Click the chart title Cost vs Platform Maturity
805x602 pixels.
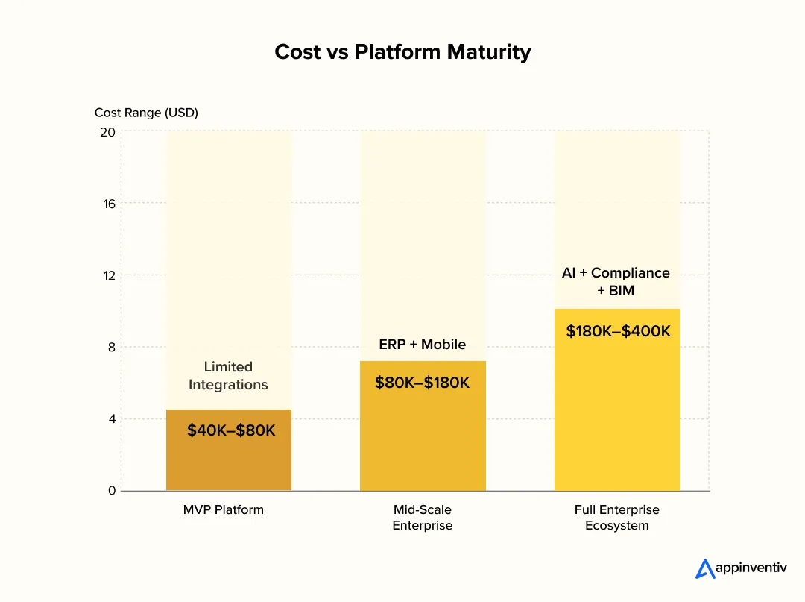(x=402, y=51)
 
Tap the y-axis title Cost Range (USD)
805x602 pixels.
(x=146, y=113)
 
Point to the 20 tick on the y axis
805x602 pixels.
(x=108, y=132)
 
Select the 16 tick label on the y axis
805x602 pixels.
(x=109, y=204)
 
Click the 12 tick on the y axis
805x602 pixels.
(x=109, y=275)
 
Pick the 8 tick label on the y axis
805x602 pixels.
(x=112, y=347)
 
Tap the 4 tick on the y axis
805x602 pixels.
(x=112, y=419)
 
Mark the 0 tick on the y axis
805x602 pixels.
(x=112, y=491)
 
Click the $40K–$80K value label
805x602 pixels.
(x=231, y=430)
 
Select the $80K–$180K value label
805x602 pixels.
(x=422, y=383)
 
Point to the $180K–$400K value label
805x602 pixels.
(x=618, y=331)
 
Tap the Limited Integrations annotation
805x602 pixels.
(x=228, y=376)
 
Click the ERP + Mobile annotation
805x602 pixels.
(x=422, y=345)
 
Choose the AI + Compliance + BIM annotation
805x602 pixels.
(x=616, y=282)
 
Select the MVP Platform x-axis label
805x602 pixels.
(x=224, y=510)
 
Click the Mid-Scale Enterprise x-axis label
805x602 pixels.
(x=423, y=518)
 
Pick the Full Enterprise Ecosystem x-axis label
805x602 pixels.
(x=616, y=518)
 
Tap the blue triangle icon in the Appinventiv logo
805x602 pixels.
(x=704, y=569)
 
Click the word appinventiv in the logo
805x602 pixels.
(x=751, y=568)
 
